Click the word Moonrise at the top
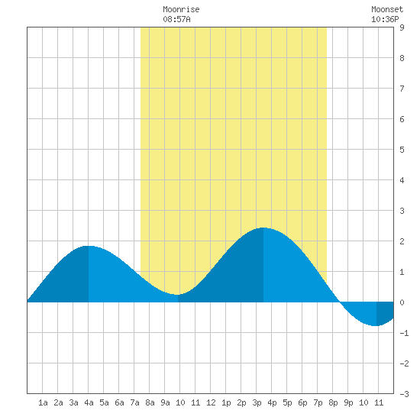181,9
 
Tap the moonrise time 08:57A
176,19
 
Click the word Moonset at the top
387,9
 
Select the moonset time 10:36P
385,19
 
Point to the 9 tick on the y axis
402,27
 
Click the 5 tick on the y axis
402,150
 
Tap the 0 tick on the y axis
402,302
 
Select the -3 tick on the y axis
404,394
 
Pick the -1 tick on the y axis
404,333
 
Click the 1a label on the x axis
43,402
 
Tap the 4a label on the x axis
89,402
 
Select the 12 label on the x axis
211,402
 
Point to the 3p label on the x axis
257,402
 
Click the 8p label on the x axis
333,402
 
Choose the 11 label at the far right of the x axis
379,402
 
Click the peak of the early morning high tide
89,246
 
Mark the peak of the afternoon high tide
263,228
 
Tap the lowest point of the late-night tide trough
376,326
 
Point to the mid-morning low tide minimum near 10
178,295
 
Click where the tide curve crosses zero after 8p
340,302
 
